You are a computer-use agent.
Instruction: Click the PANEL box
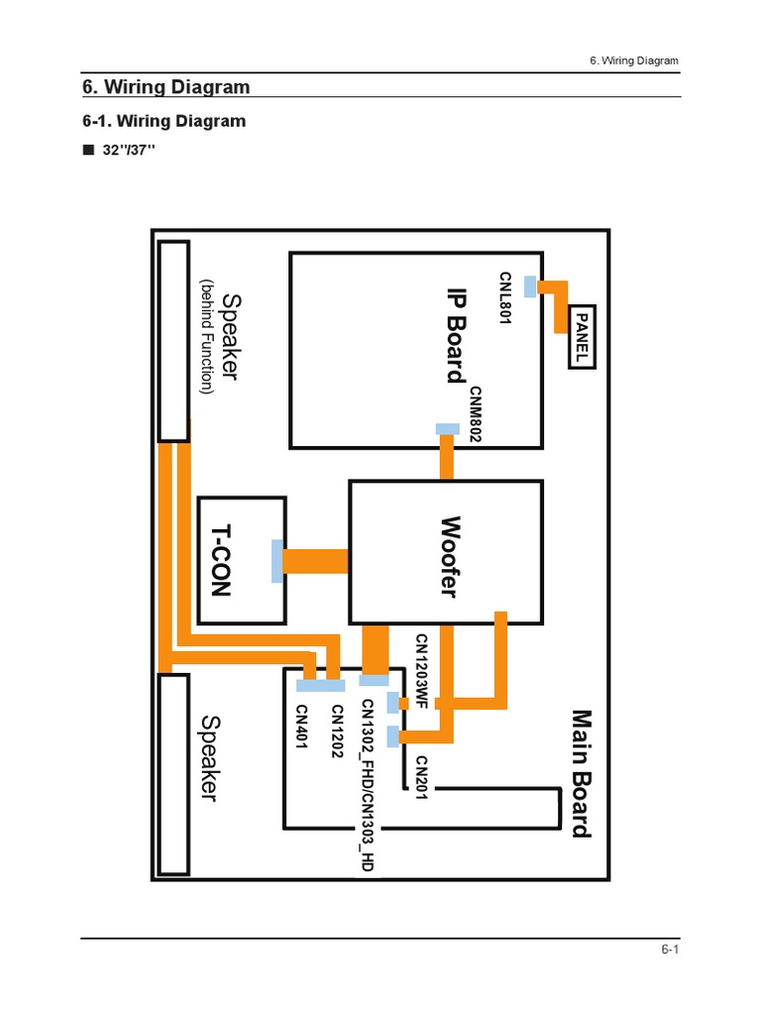[583, 336]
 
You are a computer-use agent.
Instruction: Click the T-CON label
[219, 561]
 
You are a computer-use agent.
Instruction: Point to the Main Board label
[582, 773]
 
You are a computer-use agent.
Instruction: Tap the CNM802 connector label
[476, 413]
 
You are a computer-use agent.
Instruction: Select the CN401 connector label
[302, 727]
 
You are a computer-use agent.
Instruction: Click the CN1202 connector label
[337, 731]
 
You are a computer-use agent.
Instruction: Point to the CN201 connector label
[420, 779]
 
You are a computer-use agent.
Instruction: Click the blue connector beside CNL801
[530, 285]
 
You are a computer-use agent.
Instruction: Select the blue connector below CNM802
[448, 429]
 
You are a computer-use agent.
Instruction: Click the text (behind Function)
[207, 337]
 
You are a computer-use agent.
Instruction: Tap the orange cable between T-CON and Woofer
[315, 561]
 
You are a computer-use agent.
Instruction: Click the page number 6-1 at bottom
[670, 950]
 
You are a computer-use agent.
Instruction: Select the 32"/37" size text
[129, 150]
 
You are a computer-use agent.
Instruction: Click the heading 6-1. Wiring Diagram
[163, 121]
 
